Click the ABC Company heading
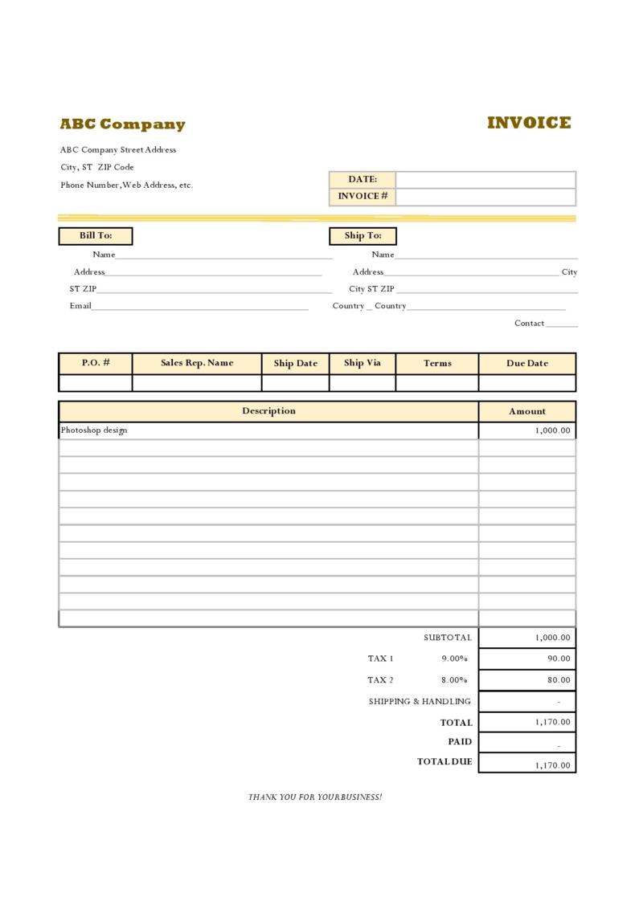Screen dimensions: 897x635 click(x=122, y=124)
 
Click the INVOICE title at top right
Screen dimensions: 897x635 click(x=529, y=123)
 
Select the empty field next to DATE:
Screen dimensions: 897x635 click(x=485, y=180)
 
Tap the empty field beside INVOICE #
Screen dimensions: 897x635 click(x=485, y=197)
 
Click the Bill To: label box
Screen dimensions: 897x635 click(x=96, y=236)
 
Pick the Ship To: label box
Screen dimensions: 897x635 click(x=363, y=236)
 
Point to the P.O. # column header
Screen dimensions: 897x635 click(x=96, y=363)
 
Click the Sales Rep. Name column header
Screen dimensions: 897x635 click(x=197, y=363)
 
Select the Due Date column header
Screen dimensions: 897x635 click(x=527, y=363)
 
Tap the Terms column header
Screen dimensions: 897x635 click(x=437, y=363)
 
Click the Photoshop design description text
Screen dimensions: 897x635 click(x=94, y=430)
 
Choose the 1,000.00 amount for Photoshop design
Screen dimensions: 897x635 click(x=552, y=430)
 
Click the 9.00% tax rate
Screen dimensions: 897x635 click(x=454, y=658)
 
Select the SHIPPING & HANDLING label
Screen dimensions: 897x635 click(x=420, y=701)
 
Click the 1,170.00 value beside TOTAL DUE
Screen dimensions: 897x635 click(x=552, y=765)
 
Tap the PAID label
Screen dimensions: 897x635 click(x=460, y=742)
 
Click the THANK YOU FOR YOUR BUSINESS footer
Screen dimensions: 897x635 click(x=315, y=797)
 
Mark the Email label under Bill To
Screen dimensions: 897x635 click(x=80, y=306)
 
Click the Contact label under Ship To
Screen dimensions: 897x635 click(x=530, y=324)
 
